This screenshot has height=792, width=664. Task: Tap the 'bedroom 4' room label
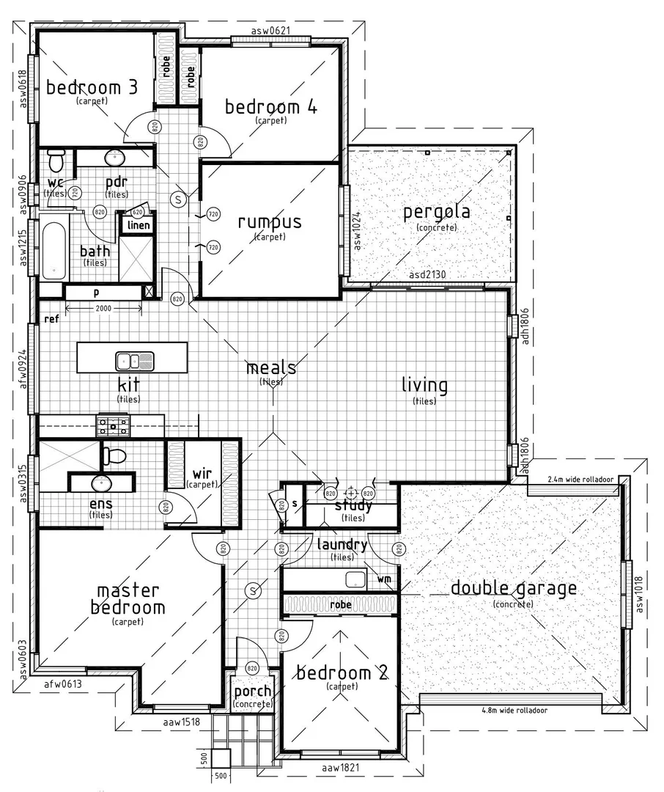(270, 107)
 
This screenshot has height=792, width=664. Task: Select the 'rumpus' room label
(269, 222)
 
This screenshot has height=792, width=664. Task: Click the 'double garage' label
(513, 588)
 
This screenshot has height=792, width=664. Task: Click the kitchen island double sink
(135, 360)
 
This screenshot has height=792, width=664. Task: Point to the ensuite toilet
(114, 456)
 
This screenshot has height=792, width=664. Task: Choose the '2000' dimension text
(103, 309)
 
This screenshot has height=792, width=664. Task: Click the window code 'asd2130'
(427, 275)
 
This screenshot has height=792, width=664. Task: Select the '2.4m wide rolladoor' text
(580, 479)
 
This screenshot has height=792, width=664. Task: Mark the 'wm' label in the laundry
(384, 579)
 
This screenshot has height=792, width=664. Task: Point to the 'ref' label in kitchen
(51, 319)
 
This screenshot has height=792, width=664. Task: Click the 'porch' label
(252, 692)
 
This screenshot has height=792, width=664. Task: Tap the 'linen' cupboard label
(139, 225)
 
